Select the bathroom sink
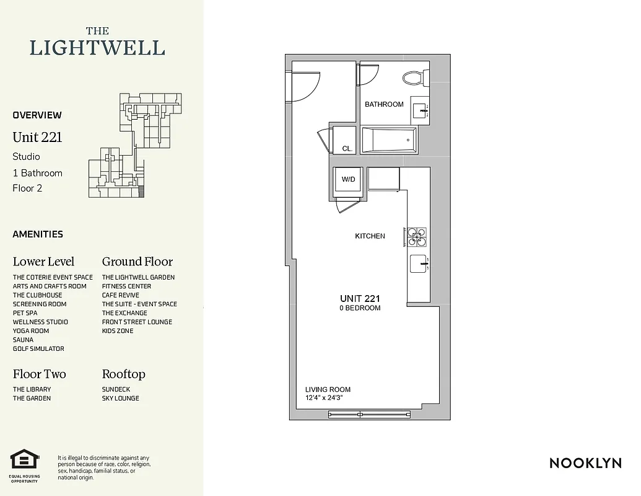[x=421, y=111]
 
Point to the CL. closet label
[x=347, y=149]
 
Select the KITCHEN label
[x=370, y=236]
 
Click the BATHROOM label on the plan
[x=384, y=104]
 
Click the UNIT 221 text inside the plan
[x=359, y=299]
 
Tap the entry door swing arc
[x=305, y=87]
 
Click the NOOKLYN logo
[x=585, y=463]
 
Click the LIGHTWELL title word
[x=97, y=48]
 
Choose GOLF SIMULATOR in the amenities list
[x=38, y=348]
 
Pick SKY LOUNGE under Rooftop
[x=120, y=398]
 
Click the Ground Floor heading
[x=137, y=262]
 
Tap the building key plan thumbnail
[x=135, y=146]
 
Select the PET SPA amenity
[x=25, y=313]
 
